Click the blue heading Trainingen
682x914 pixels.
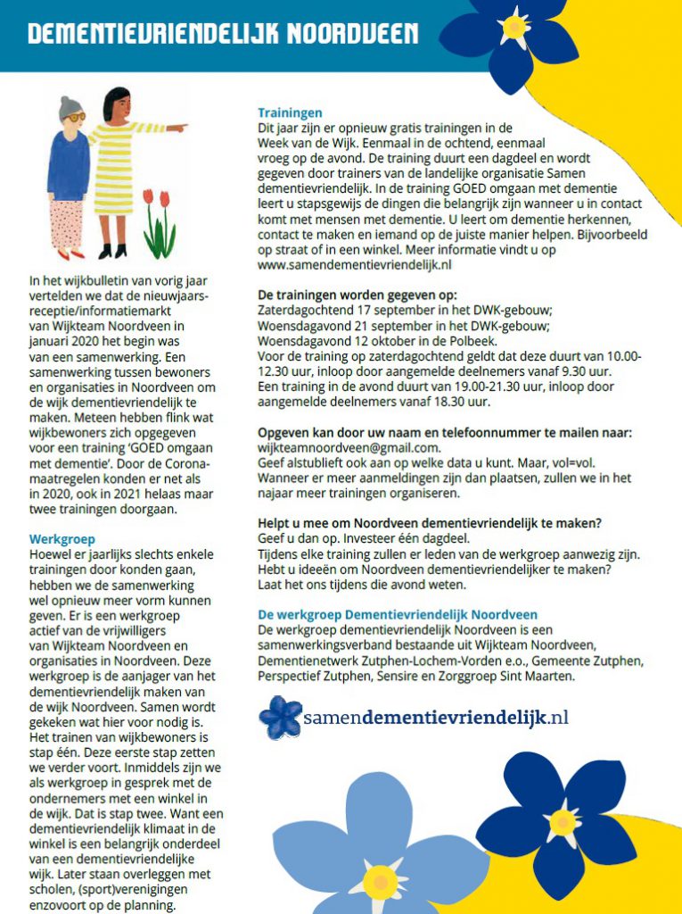290,112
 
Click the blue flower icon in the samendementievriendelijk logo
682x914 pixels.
280,717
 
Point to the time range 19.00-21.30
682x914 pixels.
471,386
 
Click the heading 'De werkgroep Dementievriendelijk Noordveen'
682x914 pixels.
398,614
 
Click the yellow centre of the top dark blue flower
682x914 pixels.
514,27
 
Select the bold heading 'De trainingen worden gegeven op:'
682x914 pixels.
357,295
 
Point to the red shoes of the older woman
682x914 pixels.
71,253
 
